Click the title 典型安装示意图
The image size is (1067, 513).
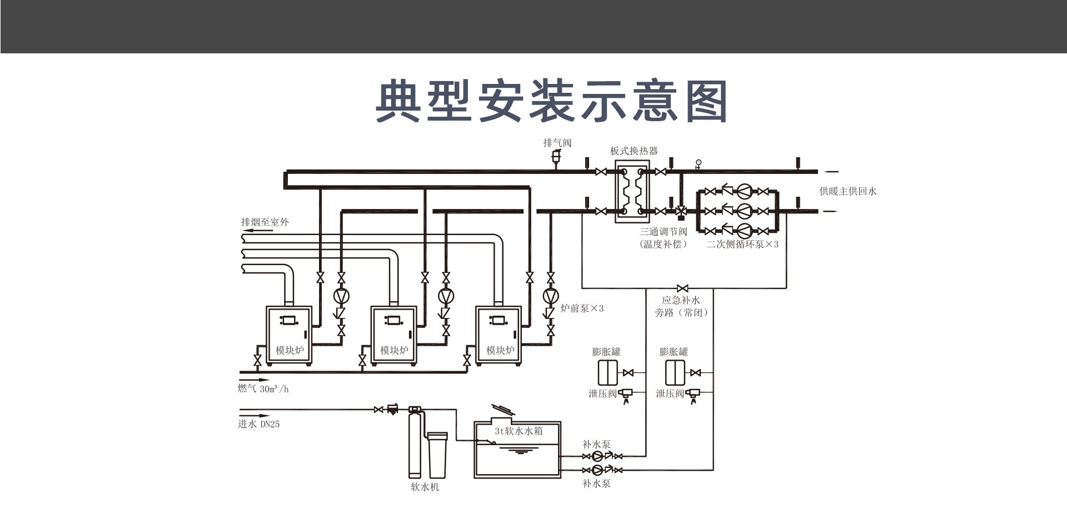[551, 101]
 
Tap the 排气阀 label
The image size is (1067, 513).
[557, 143]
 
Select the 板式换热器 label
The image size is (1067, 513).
[634, 151]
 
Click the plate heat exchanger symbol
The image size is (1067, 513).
[632, 192]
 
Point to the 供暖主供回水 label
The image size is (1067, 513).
[847, 191]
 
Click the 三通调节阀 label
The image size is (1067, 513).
[663, 232]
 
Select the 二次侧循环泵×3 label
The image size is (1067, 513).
[742, 244]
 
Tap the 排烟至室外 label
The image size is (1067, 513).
[265, 222]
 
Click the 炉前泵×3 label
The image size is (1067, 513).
[582, 308]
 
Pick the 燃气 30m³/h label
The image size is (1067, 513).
[263, 389]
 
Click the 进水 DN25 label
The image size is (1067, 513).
[258, 424]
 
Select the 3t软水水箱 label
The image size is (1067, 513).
[518, 431]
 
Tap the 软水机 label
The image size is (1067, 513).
[425, 487]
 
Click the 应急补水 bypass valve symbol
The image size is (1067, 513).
[683, 288]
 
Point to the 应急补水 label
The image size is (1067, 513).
[681, 300]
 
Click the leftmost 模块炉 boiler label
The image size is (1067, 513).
[290, 350]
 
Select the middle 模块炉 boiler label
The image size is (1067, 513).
[394, 350]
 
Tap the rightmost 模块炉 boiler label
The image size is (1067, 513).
[500, 350]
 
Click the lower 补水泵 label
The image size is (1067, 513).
[596, 484]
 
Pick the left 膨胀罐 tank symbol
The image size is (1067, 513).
[607, 372]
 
